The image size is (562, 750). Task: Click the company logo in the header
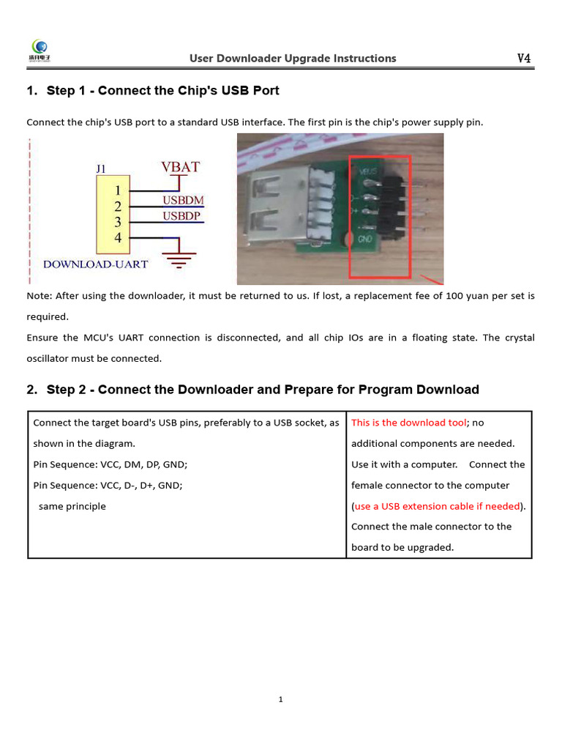click(x=43, y=51)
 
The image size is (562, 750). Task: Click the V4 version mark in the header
click(x=524, y=58)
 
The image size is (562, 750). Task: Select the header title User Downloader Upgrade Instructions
click(x=293, y=59)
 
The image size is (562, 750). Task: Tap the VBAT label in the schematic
click(x=180, y=167)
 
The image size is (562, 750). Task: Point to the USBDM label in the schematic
click(x=183, y=200)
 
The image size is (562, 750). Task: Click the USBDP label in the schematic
click(x=182, y=216)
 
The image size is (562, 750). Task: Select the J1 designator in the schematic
click(x=102, y=168)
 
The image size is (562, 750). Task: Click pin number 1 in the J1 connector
click(x=117, y=190)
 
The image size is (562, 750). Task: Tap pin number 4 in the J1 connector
click(x=117, y=237)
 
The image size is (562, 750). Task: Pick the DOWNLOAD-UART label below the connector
click(x=96, y=264)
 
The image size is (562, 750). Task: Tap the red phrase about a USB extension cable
click(x=437, y=506)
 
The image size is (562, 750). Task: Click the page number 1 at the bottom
click(x=281, y=699)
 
